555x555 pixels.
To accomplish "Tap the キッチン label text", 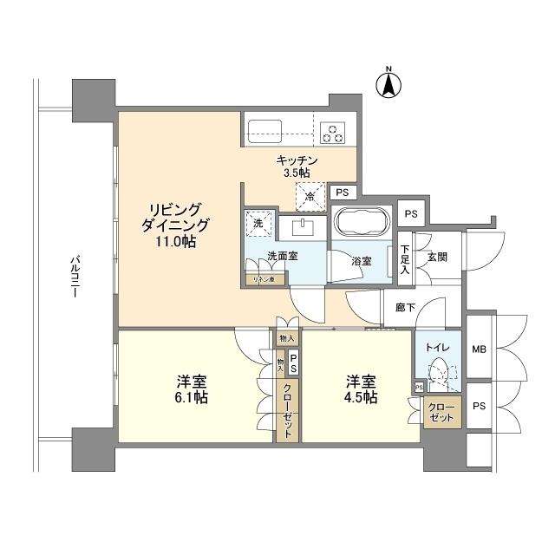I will (297, 160).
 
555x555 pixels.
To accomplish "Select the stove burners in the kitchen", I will (332, 132).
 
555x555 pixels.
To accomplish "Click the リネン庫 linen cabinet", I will (259, 279).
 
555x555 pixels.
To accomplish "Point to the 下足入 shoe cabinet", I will (404, 259).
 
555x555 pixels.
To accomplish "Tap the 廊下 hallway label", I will (404, 306).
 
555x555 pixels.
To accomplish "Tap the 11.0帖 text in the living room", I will (176, 242).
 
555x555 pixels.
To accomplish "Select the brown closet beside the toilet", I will (441, 412).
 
